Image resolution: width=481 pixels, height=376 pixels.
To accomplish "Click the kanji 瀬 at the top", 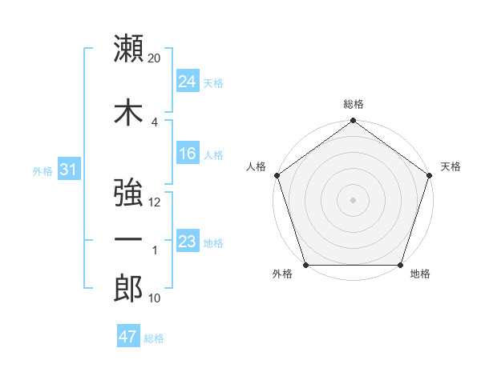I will (129, 49).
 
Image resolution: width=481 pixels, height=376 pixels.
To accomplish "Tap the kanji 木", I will (129, 112).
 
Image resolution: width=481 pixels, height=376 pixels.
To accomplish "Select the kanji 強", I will (129, 193).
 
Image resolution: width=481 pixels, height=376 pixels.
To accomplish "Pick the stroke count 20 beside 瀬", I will (155, 59).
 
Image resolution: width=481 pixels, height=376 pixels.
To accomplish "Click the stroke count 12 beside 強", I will (155, 202).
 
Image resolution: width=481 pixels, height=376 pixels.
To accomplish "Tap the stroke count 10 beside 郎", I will (155, 298).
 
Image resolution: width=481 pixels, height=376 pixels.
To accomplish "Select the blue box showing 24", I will (188, 82).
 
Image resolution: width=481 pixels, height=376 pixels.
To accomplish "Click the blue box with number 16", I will (188, 154).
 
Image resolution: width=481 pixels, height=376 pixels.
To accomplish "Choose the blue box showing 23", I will (188, 242).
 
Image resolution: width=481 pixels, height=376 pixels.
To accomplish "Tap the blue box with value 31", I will (68, 170).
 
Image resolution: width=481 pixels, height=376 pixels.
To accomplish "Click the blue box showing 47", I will (127, 337).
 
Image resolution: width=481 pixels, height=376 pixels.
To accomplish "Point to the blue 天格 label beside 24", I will (213, 82).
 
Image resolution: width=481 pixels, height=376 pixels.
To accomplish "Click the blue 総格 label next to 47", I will (154, 338).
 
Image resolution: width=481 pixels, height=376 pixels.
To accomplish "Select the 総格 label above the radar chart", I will (354, 104).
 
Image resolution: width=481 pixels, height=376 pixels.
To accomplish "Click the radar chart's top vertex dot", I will (353, 121).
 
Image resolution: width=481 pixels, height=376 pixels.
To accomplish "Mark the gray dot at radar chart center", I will (353, 199).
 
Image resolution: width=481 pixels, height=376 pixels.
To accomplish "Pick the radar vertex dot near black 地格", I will (401, 265).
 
